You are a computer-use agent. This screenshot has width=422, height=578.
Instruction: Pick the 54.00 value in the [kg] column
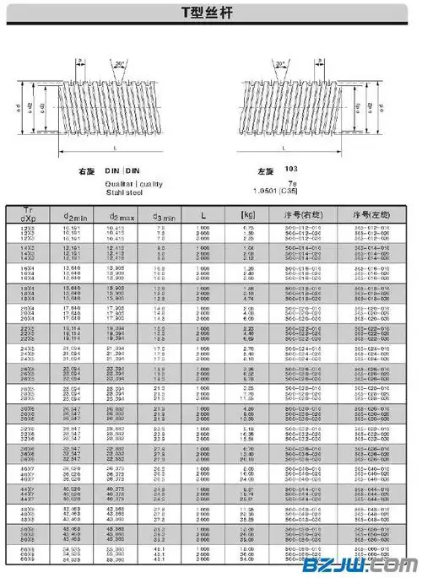tap(248, 559)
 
